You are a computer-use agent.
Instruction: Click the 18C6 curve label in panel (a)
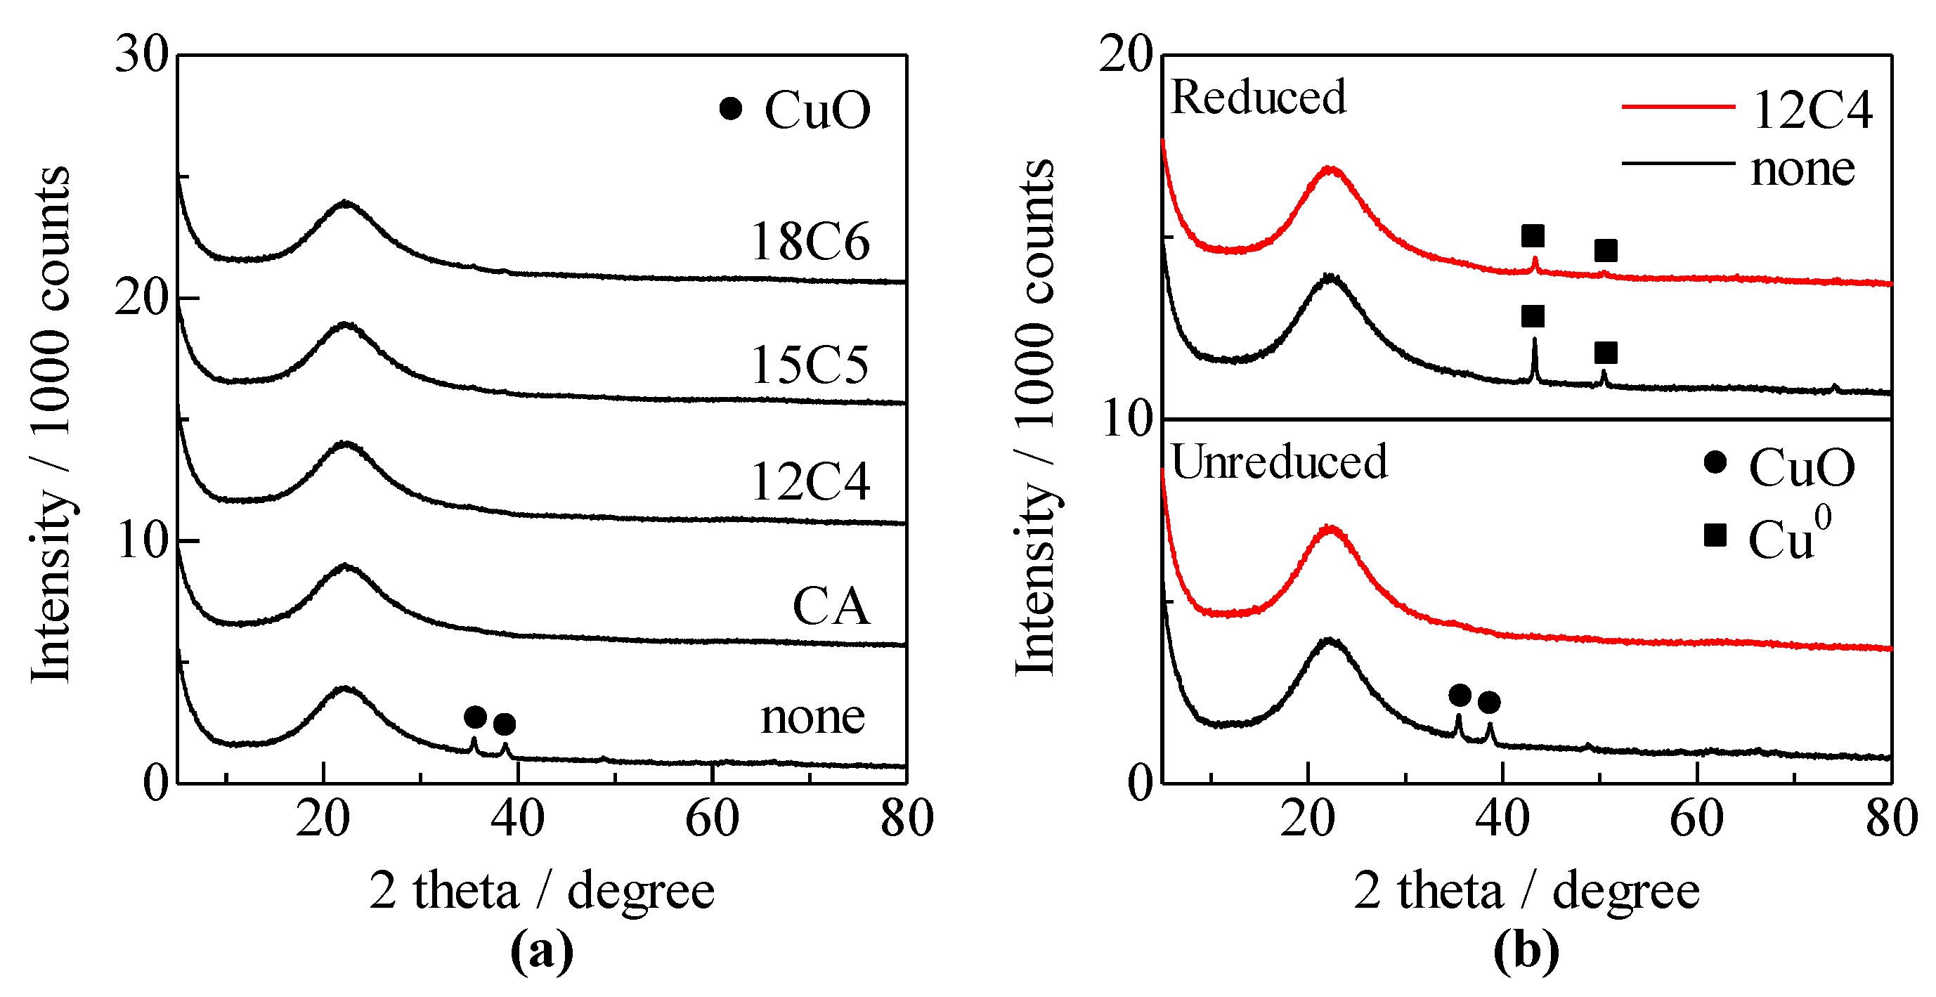(810, 242)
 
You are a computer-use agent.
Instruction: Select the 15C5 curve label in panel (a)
(810, 365)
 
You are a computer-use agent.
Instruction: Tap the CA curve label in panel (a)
(831, 606)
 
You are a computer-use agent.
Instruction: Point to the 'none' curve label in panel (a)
(812, 717)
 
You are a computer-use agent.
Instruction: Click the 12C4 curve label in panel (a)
(810, 481)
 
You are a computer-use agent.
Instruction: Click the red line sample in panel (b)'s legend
(1677, 107)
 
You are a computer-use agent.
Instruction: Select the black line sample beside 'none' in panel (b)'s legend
(1677, 163)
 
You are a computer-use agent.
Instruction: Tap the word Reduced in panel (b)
(1258, 98)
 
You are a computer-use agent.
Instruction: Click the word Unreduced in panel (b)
(1279, 462)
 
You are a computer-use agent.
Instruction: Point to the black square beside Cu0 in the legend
(1715, 535)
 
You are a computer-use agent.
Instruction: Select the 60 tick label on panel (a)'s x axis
(712, 819)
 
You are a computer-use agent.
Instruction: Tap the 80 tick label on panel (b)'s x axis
(1891, 819)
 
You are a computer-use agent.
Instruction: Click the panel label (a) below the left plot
(541, 951)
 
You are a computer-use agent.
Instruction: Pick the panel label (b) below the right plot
(1526, 951)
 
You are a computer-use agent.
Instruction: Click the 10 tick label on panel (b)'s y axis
(1126, 419)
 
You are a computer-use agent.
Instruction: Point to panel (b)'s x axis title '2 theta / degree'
(1526, 891)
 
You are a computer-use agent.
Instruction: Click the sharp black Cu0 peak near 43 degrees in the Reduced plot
(1534, 359)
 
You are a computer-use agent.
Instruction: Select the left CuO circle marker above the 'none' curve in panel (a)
(475, 717)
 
